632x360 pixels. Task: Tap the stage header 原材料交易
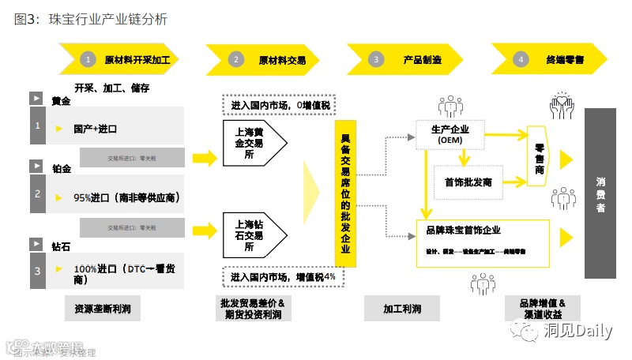click(x=281, y=59)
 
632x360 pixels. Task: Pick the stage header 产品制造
click(x=422, y=59)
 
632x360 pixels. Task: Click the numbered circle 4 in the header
click(x=520, y=59)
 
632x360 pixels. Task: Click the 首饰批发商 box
click(x=468, y=182)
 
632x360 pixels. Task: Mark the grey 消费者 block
click(x=600, y=193)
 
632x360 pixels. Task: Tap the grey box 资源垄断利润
click(x=103, y=309)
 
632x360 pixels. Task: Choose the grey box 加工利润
click(x=402, y=309)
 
